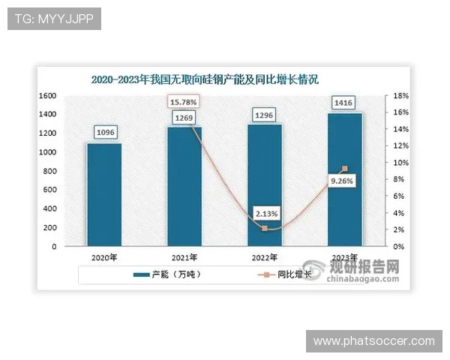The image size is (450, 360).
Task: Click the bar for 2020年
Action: pyautogui.click(x=103, y=194)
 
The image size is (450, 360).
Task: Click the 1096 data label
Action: pyautogui.click(x=104, y=133)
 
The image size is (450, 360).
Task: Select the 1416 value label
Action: pyautogui.click(x=345, y=103)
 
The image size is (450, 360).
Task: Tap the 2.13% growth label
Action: pyautogui.click(x=264, y=213)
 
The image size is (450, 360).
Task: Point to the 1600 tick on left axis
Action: pyautogui.click(x=48, y=96)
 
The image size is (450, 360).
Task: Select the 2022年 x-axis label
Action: pyautogui.click(x=265, y=257)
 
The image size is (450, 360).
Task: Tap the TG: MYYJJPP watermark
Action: pyautogui.click(x=53, y=19)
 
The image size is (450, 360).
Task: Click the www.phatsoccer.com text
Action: pyautogui.click(x=373, y=341)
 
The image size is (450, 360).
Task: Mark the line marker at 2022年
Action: pyautogui.click(x=265, y=228)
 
